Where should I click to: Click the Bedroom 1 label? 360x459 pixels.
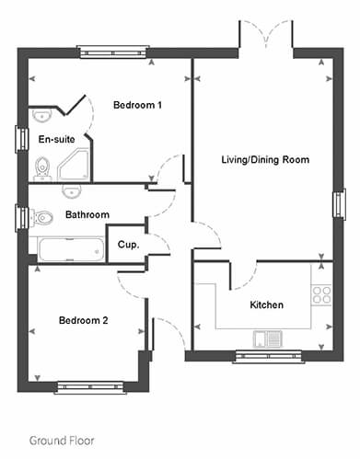click(x=137, y=105)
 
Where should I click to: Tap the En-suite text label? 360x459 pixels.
click(x=57, y=139)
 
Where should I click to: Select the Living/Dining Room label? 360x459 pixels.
click(x=265, y=160)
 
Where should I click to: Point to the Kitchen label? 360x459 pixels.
click(x=266, y=304)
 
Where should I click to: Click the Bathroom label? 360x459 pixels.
click(x=87, y=214)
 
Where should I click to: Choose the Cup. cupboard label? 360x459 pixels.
click(x=128, y=245)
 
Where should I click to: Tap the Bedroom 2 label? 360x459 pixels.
click(x=84, y=320)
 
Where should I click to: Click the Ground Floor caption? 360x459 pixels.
click(x=62, y=441)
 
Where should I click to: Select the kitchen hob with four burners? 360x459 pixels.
click(x=321, y=294)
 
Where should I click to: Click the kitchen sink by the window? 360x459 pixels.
click(x=268, y=339)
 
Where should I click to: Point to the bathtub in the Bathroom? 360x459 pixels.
click(x=71, y=250)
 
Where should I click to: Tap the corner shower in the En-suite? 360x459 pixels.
click(x=74, y=165)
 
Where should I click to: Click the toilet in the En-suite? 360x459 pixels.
click(x=41, y=169)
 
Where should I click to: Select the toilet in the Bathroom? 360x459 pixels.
click(x=41, y=218)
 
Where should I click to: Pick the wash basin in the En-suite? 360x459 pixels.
click(x=42, y=116)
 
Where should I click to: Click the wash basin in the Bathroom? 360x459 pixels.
click(x=72, y=190)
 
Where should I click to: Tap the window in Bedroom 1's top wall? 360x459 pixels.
click(x=113, y=52)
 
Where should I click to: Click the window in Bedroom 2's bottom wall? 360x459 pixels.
click(x=90, y=387)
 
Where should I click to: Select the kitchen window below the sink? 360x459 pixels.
click(x=269, y=357)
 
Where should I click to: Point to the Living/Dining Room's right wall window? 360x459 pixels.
click(x=340, y=204)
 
